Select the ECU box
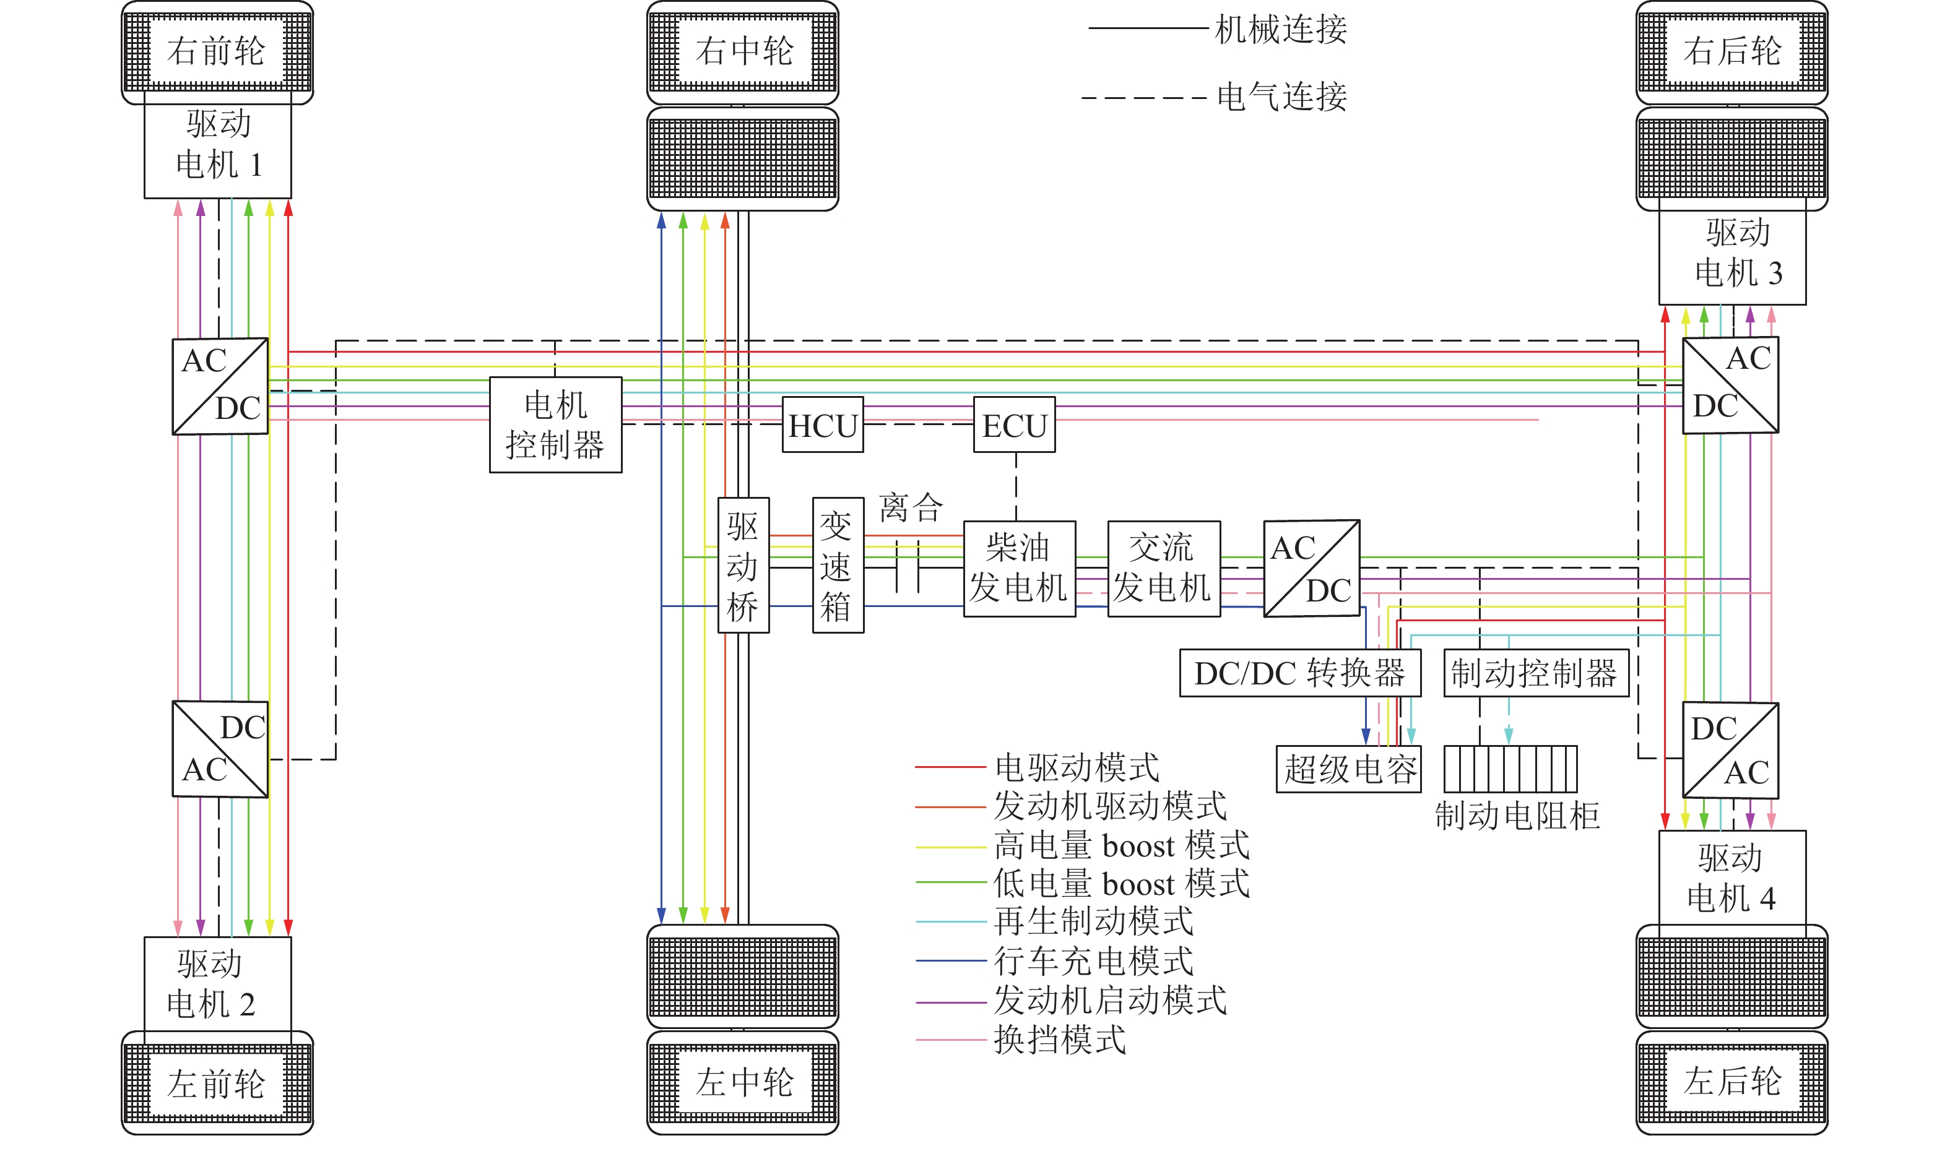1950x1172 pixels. (x=1014, y=425)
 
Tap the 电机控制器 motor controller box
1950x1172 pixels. (x=555, y=425)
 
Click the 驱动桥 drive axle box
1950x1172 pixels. (x=743, y=566)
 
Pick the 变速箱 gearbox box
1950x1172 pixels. (x=838, y=566)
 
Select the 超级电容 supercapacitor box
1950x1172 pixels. (x=1348, y=769)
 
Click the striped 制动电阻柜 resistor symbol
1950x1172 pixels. (x=1510, y=769)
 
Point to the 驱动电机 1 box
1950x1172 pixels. (x=217, y=146)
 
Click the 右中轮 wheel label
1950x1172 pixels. (x=743, y=51)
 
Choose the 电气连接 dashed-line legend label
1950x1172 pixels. (x=1281, y=97)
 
